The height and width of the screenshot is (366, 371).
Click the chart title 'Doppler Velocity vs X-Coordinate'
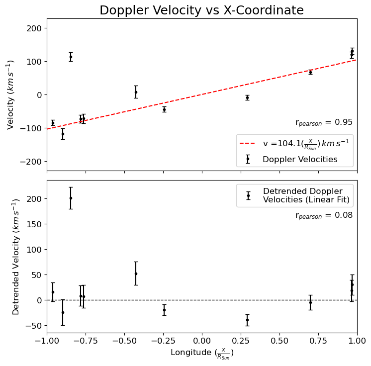[201, 10]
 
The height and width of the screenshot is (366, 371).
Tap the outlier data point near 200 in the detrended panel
[71, 198]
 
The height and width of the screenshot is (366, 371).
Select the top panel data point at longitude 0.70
[310, 72]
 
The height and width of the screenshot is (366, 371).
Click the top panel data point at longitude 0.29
[247, 97]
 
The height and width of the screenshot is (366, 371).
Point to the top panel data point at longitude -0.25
[164, 109]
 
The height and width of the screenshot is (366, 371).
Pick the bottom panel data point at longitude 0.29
[247, 320]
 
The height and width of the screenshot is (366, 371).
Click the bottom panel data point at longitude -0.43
[136, 274]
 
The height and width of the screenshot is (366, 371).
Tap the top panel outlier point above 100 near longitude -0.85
[71, 57]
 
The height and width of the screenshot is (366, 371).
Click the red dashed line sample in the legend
[248, 143]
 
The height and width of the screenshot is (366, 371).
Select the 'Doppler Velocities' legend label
[300, 160]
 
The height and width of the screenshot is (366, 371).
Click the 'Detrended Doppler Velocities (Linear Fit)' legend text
[306, 195]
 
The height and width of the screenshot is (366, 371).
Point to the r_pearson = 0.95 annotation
[324, 123]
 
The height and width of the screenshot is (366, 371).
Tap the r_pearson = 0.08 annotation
[324, 215]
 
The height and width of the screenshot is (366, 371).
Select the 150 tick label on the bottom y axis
[35, 224]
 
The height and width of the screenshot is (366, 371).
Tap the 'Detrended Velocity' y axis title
[16, 256]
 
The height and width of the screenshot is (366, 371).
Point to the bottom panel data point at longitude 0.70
[310, 302]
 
